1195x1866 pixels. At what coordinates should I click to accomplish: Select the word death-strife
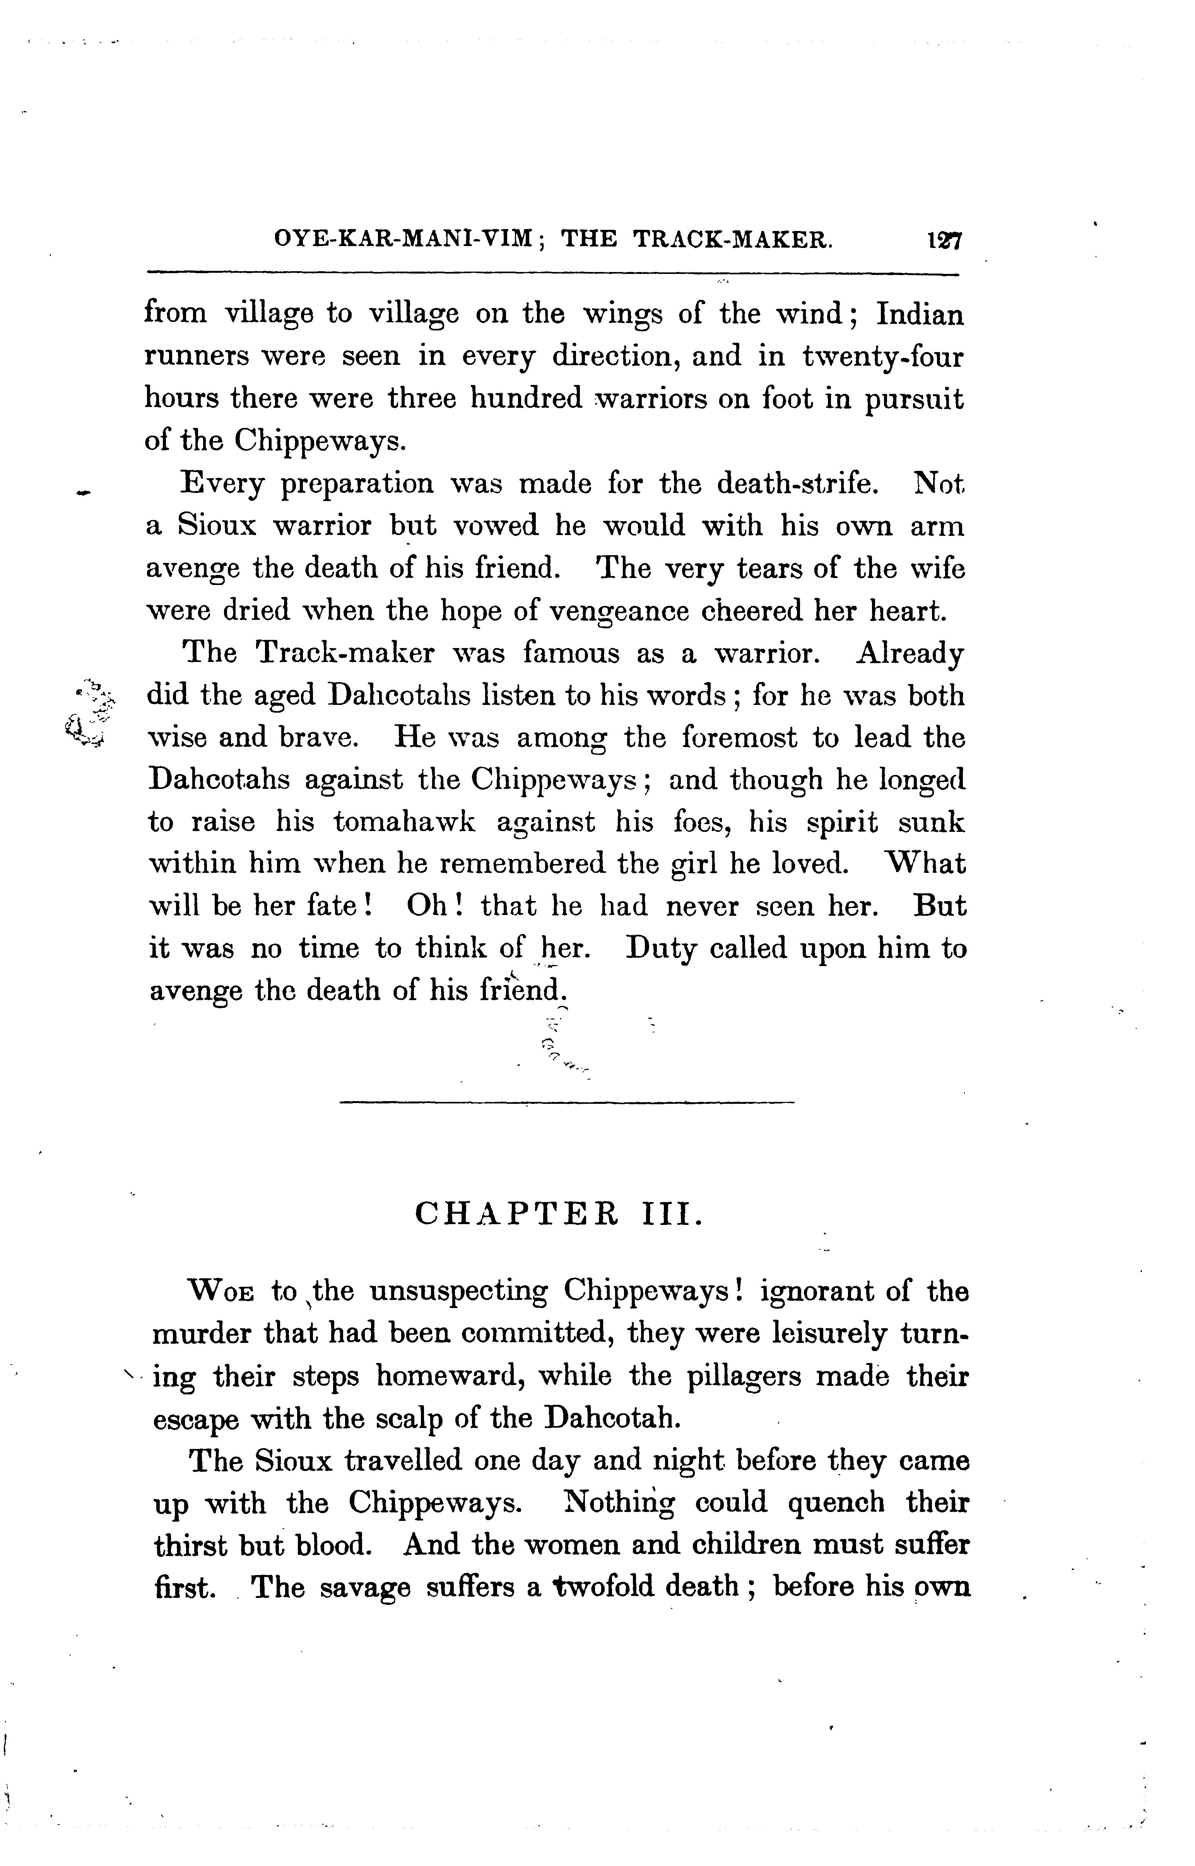[x=798, y=483]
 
